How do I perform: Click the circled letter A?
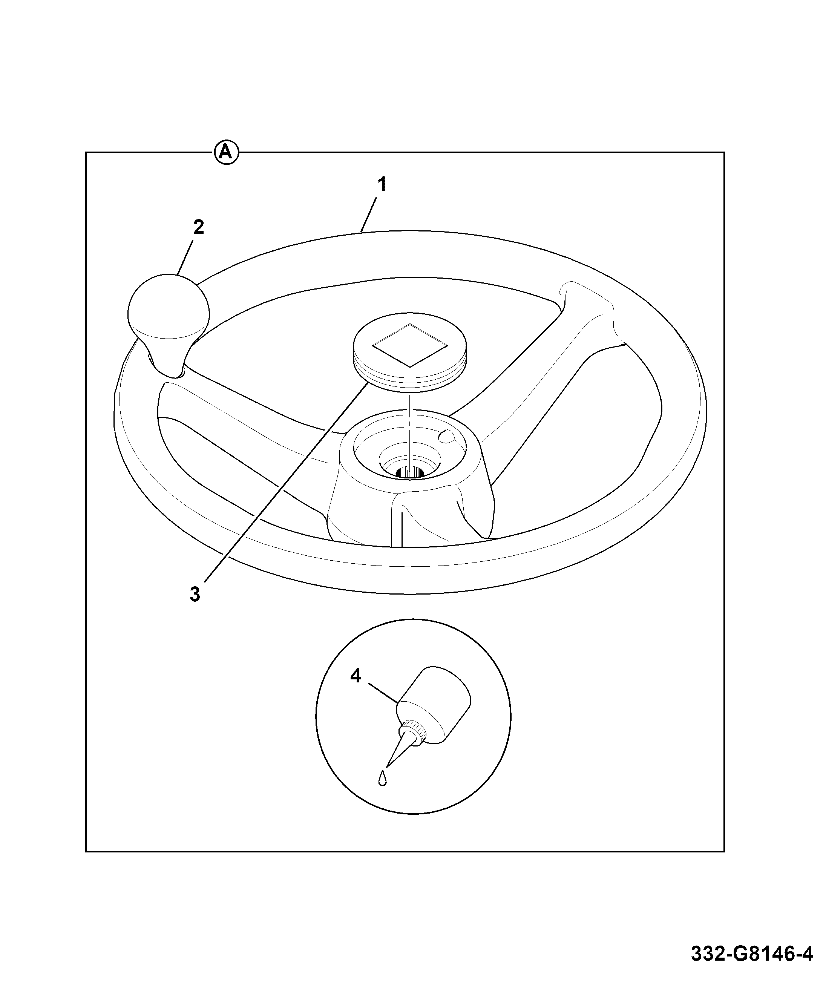pyautogui.click(x=227, y=152)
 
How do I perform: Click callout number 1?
pyautogui.click(x=383, y=184)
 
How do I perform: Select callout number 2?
pyautogui.click(x=199, y=228)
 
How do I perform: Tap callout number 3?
pyautogui.click(x=195, y=594)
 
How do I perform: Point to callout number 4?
pyautogui.click(x=356, y=676)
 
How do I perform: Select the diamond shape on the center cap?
pyautogui.click(x=409, y=345)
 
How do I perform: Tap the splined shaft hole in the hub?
pyautogui.click(x=410, y=472)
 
